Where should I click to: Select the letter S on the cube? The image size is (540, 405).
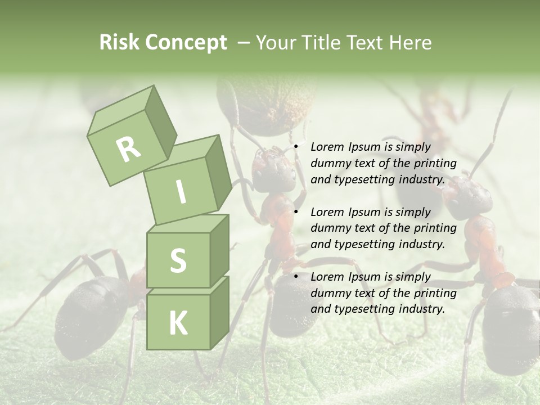click(x=178, y=260)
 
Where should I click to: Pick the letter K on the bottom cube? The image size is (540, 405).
click(x=178, y=323)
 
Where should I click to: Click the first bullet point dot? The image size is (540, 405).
click(x=296, y=147)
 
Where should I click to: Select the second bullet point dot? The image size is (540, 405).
click(x=296, y=212)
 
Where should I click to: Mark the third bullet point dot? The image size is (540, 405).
click(x=296, y=277)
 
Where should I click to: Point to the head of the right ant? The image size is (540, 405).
click(x=468, y=197)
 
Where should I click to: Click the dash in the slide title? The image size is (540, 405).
click(x=244, y=43)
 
